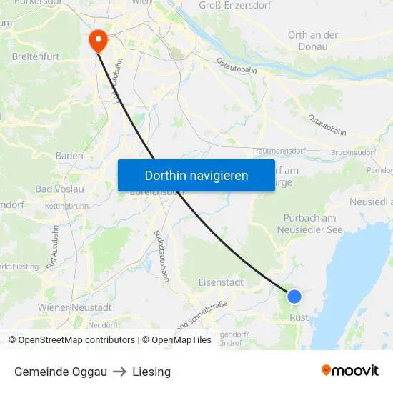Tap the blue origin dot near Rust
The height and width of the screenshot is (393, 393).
[x=294, y=297]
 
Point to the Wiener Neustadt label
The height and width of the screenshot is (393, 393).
[x=75, y=307]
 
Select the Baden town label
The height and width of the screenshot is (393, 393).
[x=69, y=156]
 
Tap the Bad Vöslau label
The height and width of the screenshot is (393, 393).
[x=60, y=189]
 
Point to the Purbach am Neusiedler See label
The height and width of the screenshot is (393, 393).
[x=310, y=224]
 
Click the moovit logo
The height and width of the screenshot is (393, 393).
[x=349, y=371]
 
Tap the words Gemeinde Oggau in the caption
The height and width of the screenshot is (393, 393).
[x=61, y=372]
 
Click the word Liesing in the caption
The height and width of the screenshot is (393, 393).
[x=151, y=372]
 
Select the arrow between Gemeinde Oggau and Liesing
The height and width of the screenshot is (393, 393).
[x=119, y=372]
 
